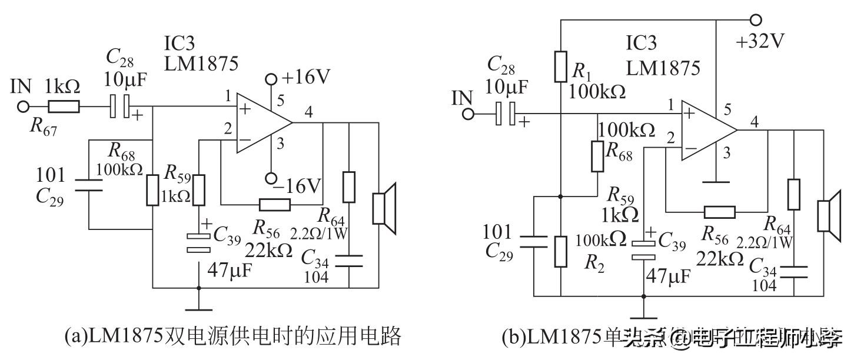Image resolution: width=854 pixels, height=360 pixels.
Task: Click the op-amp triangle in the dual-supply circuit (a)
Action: pyautogui.click(x=262, y=124)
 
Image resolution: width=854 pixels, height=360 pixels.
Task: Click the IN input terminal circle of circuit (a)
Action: pyautogui.click(x=24, y=107)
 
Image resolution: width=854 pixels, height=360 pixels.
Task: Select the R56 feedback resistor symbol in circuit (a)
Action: pyautogui.click(x=274, y=205)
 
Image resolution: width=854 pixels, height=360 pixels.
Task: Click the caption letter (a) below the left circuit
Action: pyautogui.click(x=74, y=336)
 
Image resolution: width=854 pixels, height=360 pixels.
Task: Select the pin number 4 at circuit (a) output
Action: pyautogui.click(x=309, y=111)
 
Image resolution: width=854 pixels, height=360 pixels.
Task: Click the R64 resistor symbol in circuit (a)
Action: pyautogui.click(x=350, y=187)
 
